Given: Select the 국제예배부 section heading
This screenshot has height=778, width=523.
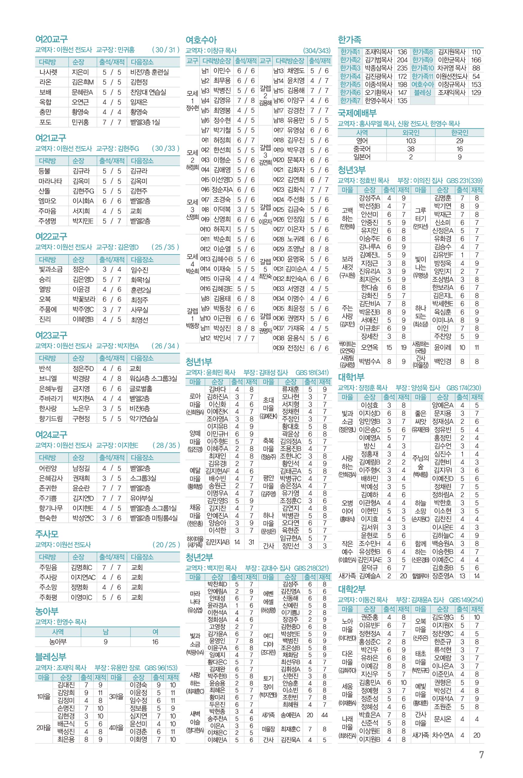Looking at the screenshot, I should click(x=357, y=113).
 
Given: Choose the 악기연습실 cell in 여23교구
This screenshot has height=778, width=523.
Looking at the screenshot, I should click(x=144, y=419).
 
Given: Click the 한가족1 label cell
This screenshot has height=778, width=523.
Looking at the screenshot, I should click(x=350, y=52).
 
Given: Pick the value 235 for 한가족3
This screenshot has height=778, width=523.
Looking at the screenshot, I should click(x=402, y=68).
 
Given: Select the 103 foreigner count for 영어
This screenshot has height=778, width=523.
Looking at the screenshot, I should click(x=411, y=141).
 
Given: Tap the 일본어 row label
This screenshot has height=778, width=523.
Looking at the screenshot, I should click(x=362, y=157).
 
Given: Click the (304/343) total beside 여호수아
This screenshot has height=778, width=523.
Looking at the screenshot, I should click(x=317, y=51).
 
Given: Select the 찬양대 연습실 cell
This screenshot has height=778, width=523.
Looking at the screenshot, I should click(x=148, y=92).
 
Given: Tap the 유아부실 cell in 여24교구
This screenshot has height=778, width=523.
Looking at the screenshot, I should click(x=142, y=498).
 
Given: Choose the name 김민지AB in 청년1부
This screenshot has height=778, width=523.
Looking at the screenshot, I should click(x=217, y=542).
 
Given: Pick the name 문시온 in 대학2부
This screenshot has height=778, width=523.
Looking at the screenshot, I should click(x=443, y=719).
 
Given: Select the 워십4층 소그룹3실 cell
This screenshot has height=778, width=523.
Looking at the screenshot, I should click(x=153, y=379).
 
